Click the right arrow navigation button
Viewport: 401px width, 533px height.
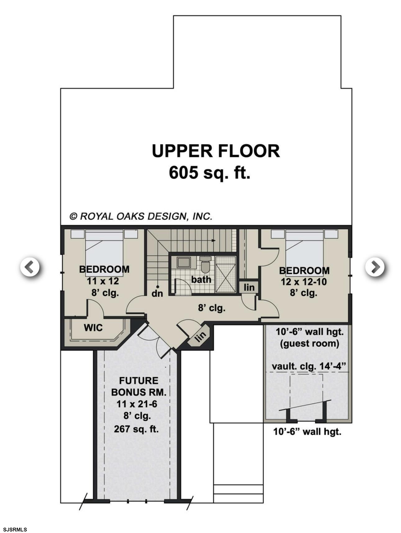[375, 267]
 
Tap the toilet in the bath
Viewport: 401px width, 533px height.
[205, 264]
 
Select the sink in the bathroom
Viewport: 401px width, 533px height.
[184, 262]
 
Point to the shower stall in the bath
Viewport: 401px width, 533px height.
[225, 274]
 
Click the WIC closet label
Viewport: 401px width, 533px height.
[93, 328]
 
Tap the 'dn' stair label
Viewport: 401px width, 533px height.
[157, 293]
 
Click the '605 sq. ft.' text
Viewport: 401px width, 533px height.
[210, 172]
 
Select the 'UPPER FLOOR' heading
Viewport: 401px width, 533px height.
[216, 151]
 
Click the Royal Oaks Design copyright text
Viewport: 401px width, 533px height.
[141, 216]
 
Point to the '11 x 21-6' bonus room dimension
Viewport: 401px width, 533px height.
[137, 404]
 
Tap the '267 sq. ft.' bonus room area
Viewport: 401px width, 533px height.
[136, 429]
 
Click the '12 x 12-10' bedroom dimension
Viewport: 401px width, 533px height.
[304, 282]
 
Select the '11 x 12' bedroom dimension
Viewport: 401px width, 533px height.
[103, 281]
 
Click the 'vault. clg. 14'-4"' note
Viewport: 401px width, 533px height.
[309, 366]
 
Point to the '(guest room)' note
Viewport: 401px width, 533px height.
[309, 344]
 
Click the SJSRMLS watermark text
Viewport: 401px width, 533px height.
[15, 530]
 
